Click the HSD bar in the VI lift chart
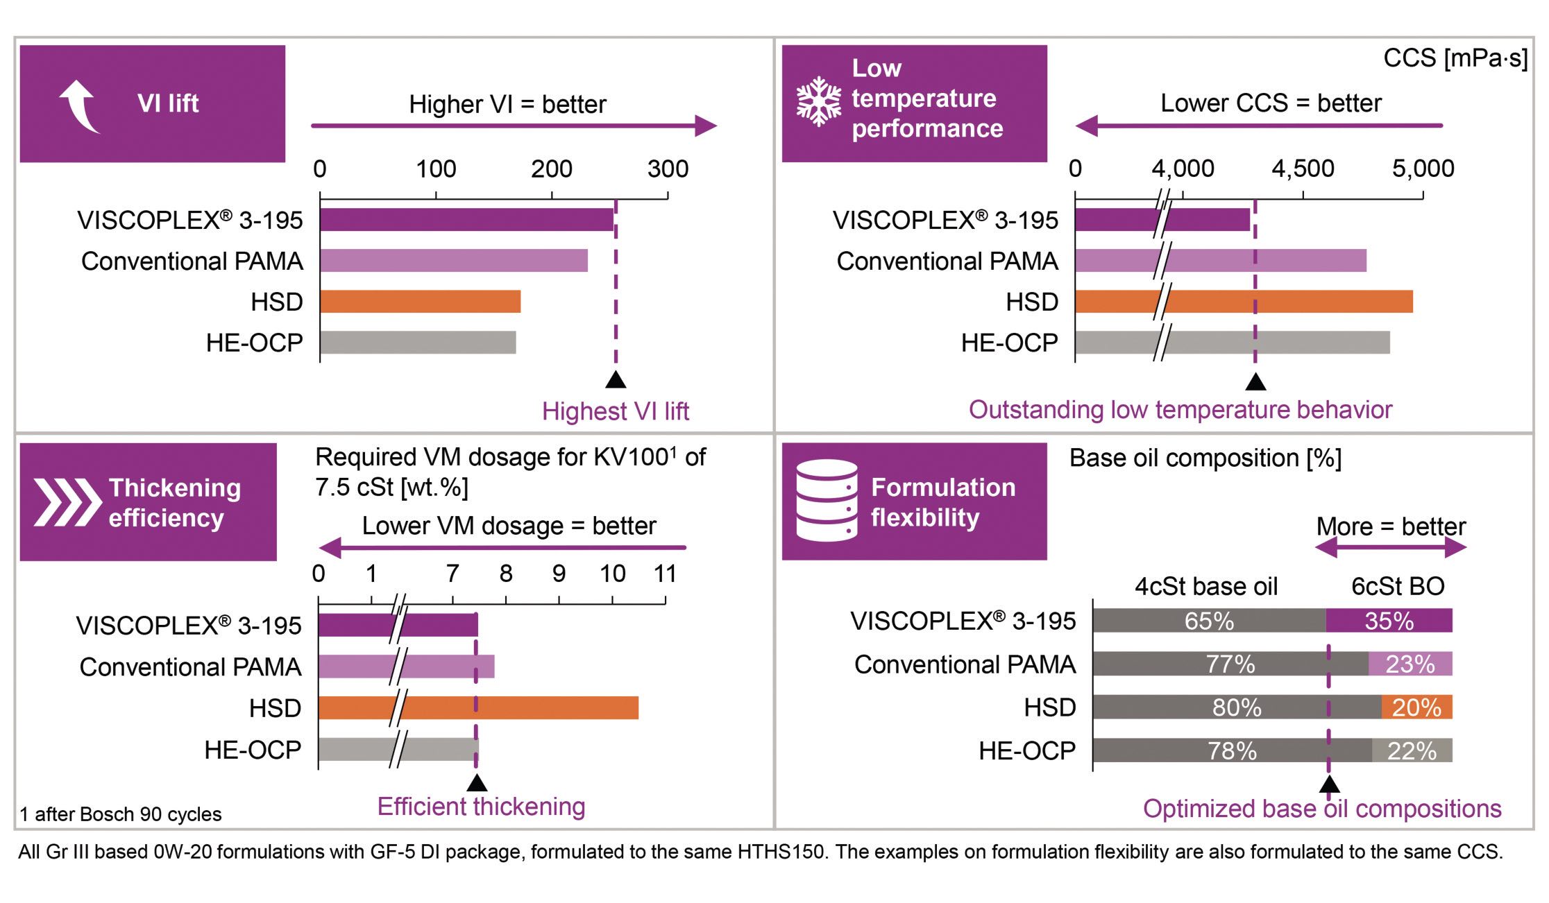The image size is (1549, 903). pos(420,302)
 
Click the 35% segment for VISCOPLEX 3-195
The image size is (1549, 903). pos(1389,621)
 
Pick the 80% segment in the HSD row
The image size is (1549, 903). pos(1237,707)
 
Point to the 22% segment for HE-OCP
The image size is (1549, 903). pos(1412,750)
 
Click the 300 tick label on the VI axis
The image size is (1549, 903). pos(668,169)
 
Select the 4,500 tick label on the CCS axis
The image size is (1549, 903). pos(1303,169)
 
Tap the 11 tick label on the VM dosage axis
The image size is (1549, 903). pos(665,574)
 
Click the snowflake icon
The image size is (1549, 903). pos(819,101)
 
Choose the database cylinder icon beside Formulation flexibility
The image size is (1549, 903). pos(827,500)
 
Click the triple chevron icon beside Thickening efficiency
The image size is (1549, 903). pos(67,501)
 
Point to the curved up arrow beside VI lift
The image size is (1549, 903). pos(79,105)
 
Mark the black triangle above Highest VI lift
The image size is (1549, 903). pos(616,379)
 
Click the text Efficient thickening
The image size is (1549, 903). pos(481,807)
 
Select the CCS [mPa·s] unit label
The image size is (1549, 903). pos(1455,58)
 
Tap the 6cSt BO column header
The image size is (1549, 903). pos(1398,586)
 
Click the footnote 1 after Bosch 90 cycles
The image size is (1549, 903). pos(120,814)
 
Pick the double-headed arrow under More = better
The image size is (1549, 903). pos(1391,548)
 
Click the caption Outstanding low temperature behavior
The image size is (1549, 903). pos(1180,410)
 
